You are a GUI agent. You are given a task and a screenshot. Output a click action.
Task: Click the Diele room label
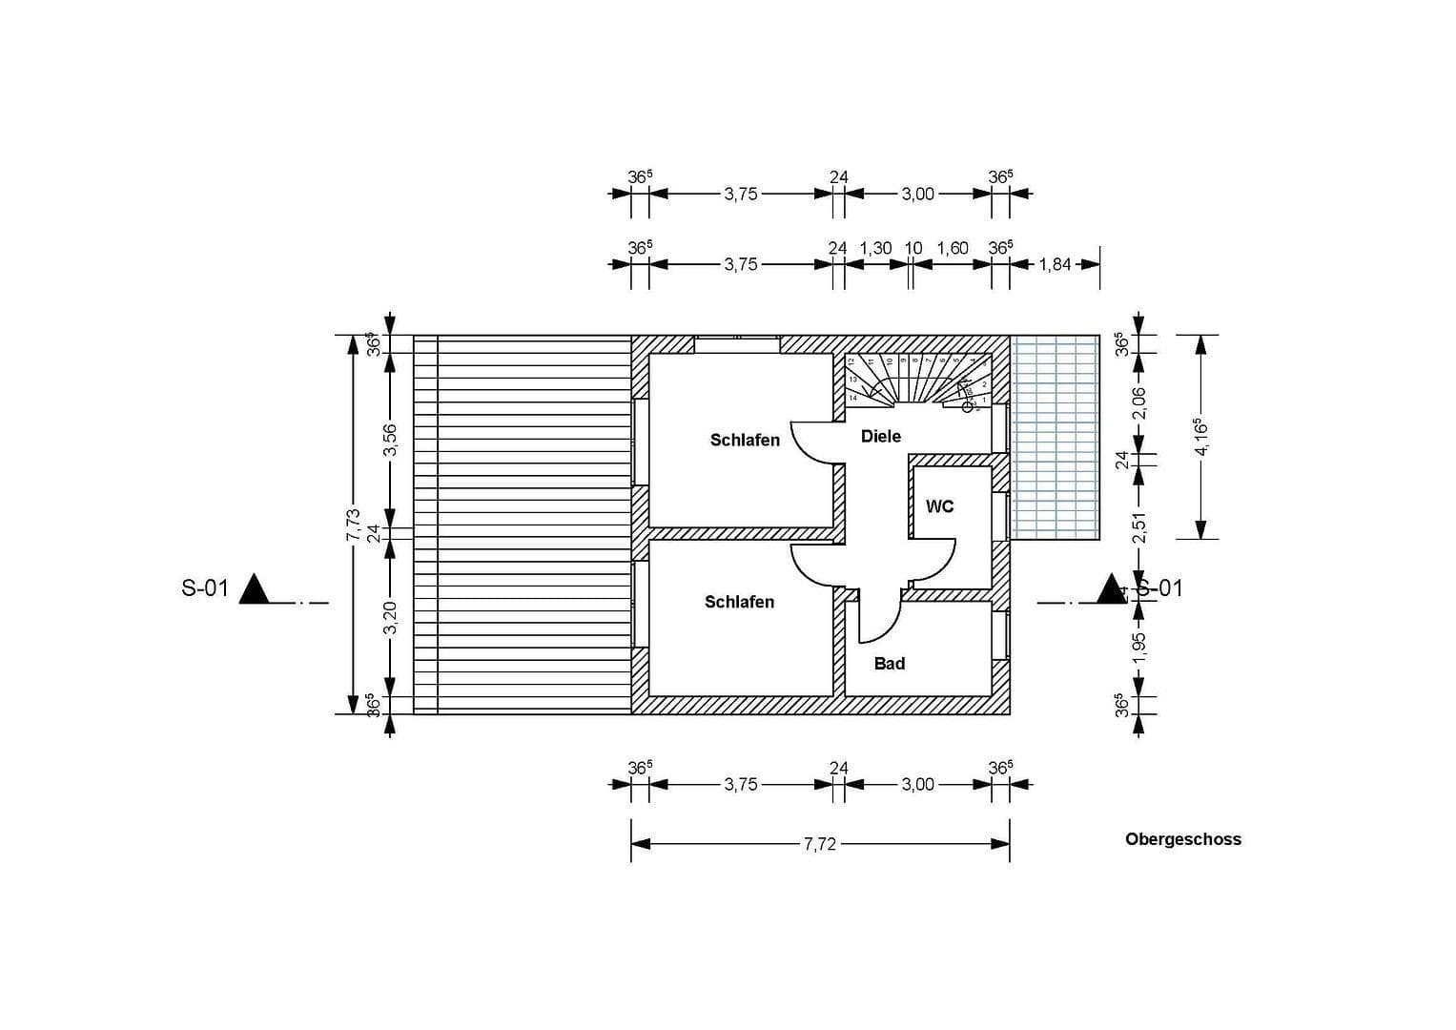point(880,436)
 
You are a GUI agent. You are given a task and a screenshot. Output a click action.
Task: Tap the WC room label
point(939,506)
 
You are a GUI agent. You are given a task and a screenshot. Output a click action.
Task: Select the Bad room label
point(889,663)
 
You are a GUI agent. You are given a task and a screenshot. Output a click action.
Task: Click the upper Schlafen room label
point(744,440)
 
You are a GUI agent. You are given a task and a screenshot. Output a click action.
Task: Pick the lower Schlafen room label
point(739,602)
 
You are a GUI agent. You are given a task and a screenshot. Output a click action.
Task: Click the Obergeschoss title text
point(1182,839)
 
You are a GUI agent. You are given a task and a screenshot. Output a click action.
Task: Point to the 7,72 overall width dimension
point(819,844)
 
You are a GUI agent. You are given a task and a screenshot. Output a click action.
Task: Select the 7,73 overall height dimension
point(353,525)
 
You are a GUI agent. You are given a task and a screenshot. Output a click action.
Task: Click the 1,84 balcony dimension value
point(1055,265)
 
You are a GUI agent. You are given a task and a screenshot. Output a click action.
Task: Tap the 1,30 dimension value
point(875,248)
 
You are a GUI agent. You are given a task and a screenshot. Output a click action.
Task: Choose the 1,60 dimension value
point(952,248)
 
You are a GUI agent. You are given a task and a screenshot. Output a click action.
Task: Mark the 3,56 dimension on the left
point(390,440)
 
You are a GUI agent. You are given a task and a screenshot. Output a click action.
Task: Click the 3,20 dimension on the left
point(390,617)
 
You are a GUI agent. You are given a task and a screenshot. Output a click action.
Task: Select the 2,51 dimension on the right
point(1138,527)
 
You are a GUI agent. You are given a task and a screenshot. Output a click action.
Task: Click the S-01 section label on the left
point(205,588)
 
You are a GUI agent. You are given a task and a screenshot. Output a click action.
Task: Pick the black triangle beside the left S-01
point(255,589)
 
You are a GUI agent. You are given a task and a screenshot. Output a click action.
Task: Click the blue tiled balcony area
point(1055,437)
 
